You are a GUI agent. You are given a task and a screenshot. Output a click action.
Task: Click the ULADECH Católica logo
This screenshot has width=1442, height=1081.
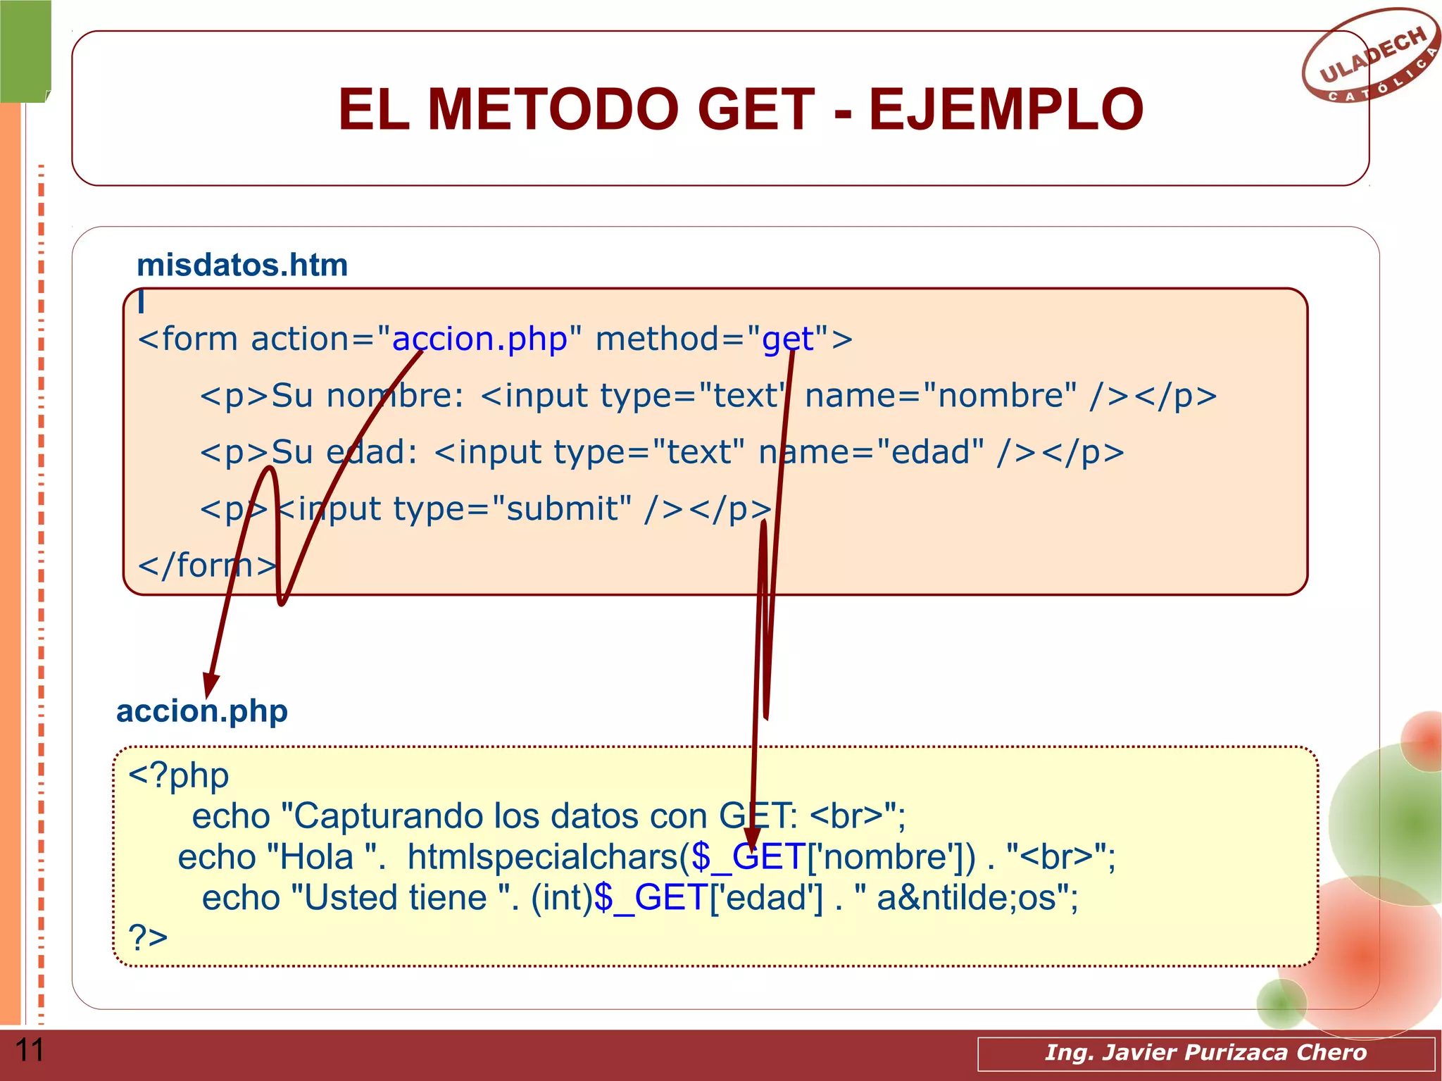(x=1369, y=56)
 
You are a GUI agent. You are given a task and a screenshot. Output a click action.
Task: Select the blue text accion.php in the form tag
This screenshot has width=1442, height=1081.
(x=479, y=339)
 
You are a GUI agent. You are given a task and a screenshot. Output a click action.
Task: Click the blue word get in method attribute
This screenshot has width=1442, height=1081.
(x=788, y=339)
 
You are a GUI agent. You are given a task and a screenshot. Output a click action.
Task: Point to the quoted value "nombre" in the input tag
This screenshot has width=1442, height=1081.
(x=1000, y=396)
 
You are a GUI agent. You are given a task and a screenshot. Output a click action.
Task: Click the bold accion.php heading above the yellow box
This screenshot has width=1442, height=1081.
(x=202, y=711)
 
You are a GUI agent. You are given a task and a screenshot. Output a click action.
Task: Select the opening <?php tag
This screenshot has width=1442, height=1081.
(x=179, y=776)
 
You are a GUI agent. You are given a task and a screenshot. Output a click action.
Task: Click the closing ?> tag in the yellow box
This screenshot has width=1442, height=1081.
(x=148, y=937)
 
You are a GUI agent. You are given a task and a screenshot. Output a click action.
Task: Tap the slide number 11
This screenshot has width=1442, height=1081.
(x=30, y=1050)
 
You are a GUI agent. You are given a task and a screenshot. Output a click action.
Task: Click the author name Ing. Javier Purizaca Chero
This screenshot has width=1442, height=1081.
(x=1205, y=1053)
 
